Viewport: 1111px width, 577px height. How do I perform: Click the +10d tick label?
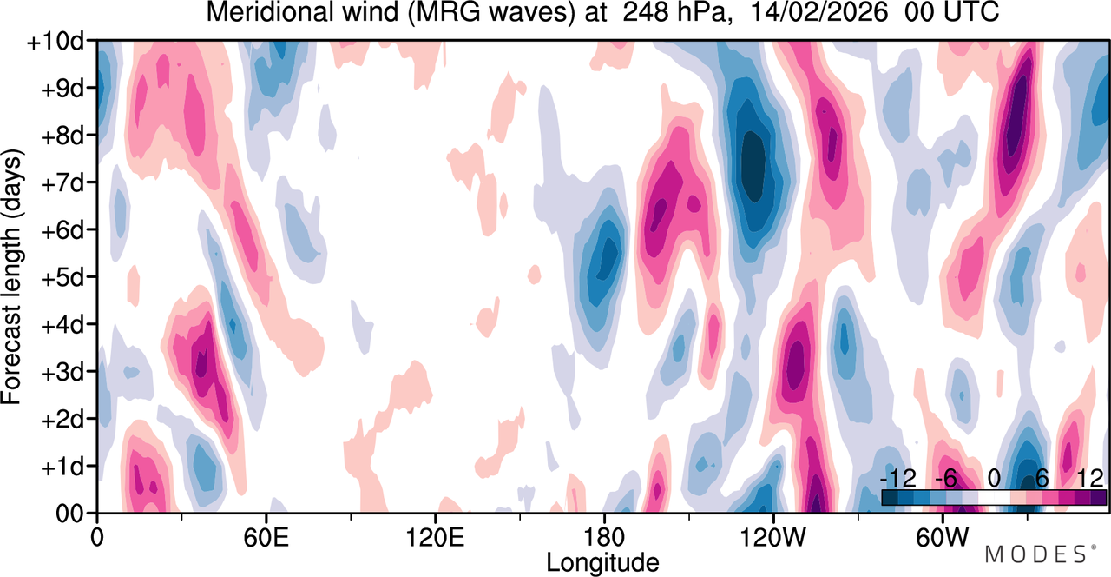[x=55, y=42]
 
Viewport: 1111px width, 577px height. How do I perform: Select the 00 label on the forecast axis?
[x=69, y=514]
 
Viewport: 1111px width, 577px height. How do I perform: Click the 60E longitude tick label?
[x=266, y=538]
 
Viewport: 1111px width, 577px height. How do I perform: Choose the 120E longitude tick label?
[x=435, y=538]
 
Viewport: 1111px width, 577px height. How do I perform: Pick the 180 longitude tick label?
[x=604, y=538]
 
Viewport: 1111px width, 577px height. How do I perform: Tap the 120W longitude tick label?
[x=772, y=538]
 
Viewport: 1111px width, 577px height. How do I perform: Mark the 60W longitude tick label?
[x=942, y=538]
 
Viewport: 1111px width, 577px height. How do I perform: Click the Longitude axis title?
[x=602, y=562]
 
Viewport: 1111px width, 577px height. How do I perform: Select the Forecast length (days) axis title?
[x=12, y=277]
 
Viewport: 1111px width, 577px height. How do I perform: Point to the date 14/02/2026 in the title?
[x=818, y=12]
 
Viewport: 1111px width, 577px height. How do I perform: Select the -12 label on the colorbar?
[x=898, y=479]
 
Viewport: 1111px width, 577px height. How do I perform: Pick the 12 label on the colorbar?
[x=1090, y=479]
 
